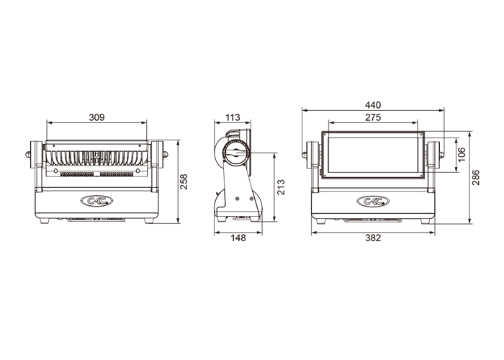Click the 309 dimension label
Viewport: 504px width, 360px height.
click(96, 117)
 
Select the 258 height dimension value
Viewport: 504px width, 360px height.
click(184, 181)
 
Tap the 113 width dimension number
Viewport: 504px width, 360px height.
click(233, 117)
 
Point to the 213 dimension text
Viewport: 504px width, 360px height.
click(281, 187)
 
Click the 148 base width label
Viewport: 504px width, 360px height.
click(238, 238)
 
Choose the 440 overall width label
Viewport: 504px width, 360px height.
click(373, 105)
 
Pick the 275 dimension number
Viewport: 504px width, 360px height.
click(373, 117)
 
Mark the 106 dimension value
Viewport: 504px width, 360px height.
click(462, 155)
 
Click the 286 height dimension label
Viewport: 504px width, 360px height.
click(476, 177)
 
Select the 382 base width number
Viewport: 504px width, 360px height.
click(373, 238)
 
